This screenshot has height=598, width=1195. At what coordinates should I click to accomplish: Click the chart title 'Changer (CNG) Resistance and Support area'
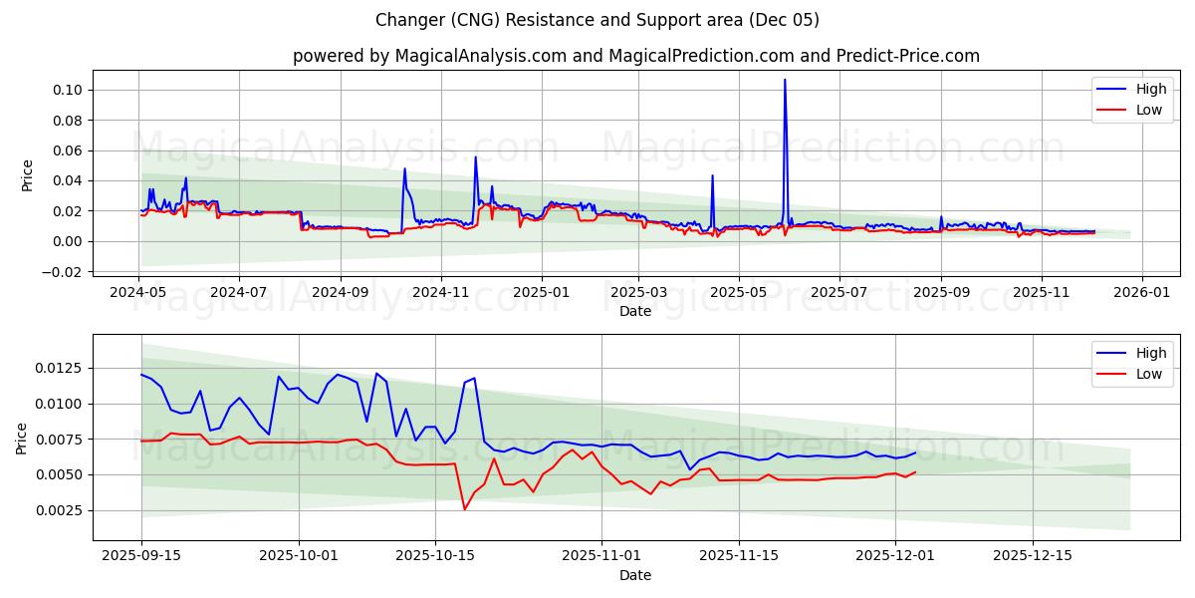pyautogui.click(x=597, y=20)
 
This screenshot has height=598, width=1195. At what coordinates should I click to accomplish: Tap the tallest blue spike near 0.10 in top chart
pyautogui.click(x=785, y=81)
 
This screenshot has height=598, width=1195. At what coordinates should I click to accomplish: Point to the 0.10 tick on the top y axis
pyautogui.click(x=68, y=90)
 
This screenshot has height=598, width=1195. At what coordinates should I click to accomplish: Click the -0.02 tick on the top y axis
pyautogui.click(x=64, y=272)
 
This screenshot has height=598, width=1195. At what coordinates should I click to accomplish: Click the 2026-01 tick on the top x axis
pyautogui.click(x=1141, y=293)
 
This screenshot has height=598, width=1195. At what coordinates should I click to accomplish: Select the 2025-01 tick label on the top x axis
pyautogui.click(x=541, y=293)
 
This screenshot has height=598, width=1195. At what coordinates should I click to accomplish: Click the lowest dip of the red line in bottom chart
pyautogui.click(x=464, y=509)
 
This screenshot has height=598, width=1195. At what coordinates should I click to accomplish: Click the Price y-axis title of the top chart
pyautogui.click(x=27, y=175)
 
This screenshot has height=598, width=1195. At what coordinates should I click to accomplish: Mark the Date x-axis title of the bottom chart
pyautogui.click(x=635, y=575)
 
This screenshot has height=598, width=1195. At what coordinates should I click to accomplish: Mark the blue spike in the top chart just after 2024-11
pyautogui.click(x=475, y=157)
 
